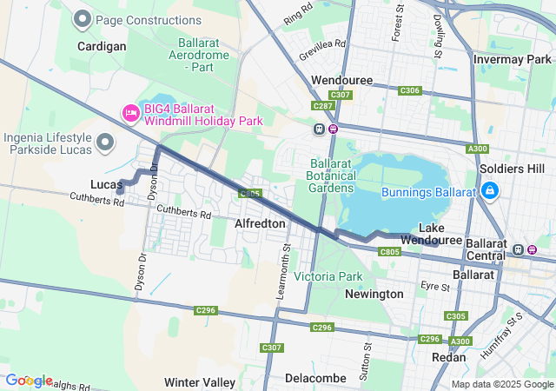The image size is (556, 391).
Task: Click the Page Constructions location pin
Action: click(x=83, y=18)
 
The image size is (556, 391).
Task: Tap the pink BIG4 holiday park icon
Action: click(x=131, y=112)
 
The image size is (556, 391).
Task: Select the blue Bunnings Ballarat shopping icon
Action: click(x=489, y=190)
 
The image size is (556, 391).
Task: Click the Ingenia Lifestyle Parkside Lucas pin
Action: click(x=106, y=142)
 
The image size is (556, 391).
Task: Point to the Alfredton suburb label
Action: click(x=260, y=223)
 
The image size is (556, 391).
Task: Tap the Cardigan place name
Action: click(x=101, y=46)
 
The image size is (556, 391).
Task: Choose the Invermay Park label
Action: click(x=513, y=59)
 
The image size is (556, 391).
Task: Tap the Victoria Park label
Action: click(x=328, y=276)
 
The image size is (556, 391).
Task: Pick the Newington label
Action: click(x=374, y=294)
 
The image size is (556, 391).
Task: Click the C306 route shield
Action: click(x=410, y=90)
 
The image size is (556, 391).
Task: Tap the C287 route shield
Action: click(x=324, y=106)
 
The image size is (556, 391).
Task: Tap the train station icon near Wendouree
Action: click(x=320, y=129)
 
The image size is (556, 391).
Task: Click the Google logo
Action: click(x=29, y=380)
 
